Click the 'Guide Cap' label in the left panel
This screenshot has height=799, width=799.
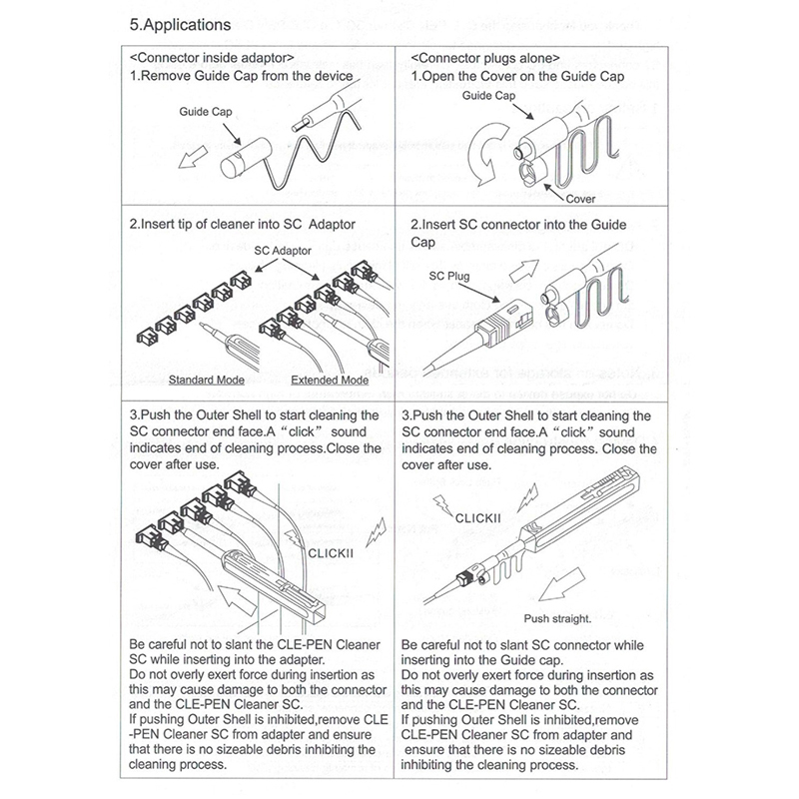(206, 113)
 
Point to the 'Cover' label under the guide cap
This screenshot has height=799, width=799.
(575, 199)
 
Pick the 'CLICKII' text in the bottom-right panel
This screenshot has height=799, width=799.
(482, 518)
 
